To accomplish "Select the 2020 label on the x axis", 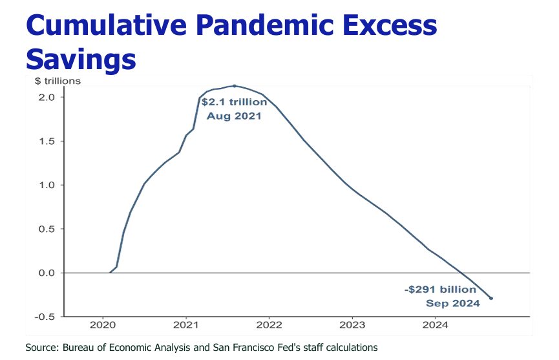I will (103, 325).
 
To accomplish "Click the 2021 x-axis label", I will (186, 325).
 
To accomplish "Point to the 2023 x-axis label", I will (353, 325).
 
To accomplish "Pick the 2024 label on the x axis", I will (436, 325).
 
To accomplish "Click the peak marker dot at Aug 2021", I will (234, 85).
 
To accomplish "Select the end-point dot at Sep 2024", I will (491, 298).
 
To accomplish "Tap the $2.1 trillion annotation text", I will (234, 102).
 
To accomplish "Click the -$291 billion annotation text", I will (441, 290).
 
